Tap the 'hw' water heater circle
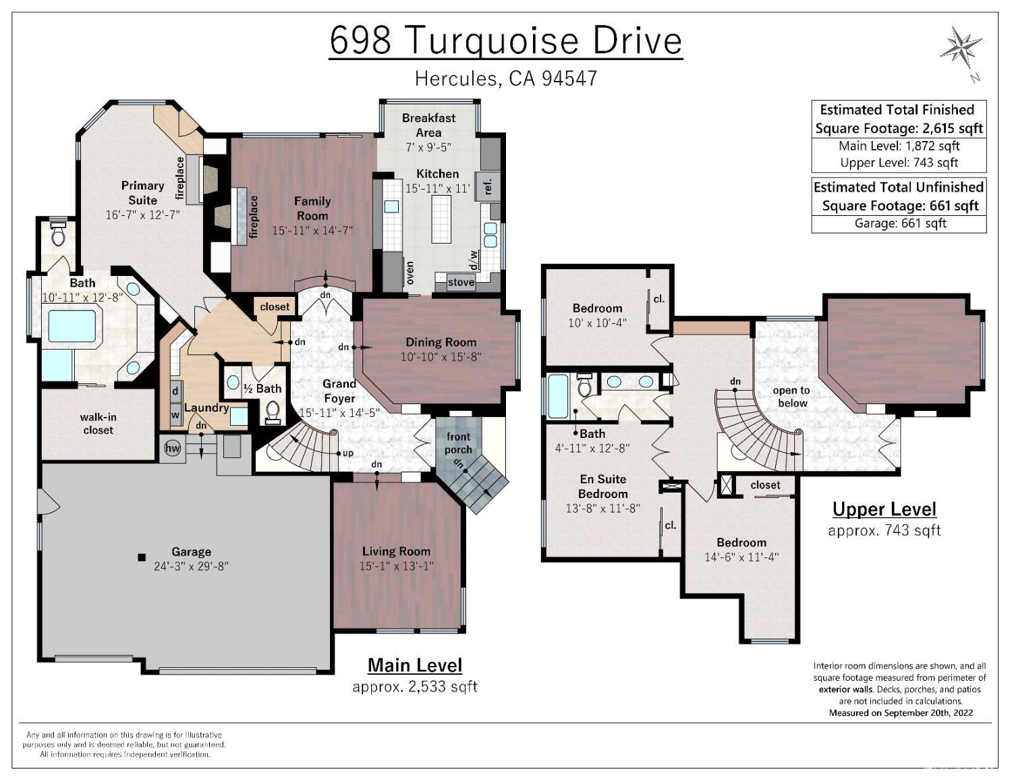[x=173, y=448]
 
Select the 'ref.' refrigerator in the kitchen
[x=488, y=186]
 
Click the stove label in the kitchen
[x=461, y=282]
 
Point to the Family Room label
[x=312, y=208]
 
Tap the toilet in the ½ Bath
[x=273, y=411]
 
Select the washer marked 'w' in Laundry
[x=175, y=415]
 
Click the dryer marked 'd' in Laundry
[x=175, y=391]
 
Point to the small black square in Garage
[x=142, y=557]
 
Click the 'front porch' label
[x=458, y=443]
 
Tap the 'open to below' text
[x=791, y=397]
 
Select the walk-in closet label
[x=98, y=424]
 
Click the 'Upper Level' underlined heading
[x=884, y=509]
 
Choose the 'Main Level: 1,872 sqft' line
[x=899, y=146]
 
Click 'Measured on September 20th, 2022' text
[x=901, y=713]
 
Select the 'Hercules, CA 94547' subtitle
[x=505, y=78]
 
